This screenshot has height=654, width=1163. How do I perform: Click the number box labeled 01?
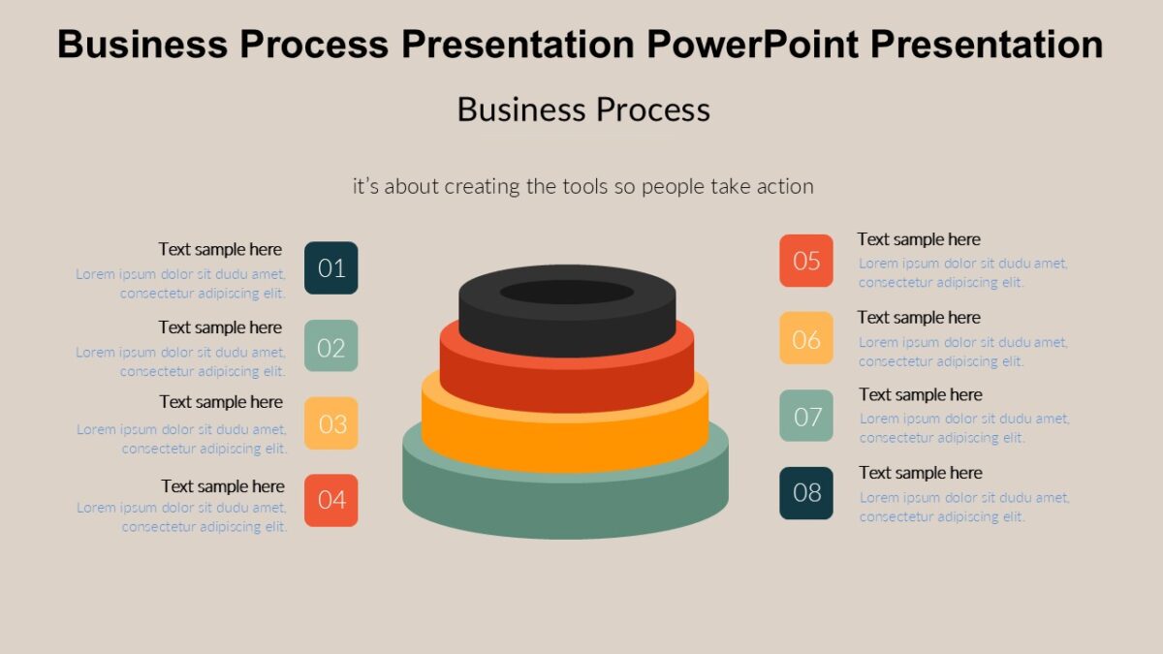click(x=331, y=267)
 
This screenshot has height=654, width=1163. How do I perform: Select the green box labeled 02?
click(x=331, y=346)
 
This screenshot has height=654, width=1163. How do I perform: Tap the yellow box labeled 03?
click(x=331, y=423)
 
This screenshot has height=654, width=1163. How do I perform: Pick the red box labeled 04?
click(x=331, y=500)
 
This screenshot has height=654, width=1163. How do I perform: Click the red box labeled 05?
click(x=806, y=261)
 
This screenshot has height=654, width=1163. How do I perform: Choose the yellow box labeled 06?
click(x=806, y=338)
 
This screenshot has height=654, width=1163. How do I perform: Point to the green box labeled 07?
click(x=806, y=416)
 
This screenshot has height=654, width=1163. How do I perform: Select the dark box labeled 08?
click(x=806, y=493)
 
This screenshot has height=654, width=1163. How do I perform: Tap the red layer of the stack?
click(x=567, y=383)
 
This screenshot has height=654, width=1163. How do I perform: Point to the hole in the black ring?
click(x=567, y=292)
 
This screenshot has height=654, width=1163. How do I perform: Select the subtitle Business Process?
click(x=583, y=109)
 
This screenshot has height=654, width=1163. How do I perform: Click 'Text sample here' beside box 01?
click(x=220, y=249)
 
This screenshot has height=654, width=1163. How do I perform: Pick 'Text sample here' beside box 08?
click(x=921, y=473)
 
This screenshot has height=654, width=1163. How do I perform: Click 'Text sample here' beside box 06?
click(x=919, y=318)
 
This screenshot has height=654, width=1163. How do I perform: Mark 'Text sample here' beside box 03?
click(x=221, y=402)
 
